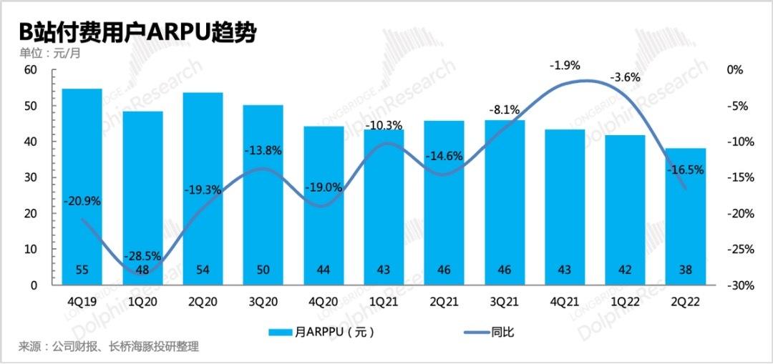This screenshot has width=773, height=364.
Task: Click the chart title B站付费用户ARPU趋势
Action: click(137, 32)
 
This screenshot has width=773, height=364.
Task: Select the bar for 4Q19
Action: click(82, 186)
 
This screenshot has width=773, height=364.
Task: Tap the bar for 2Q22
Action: click(686, 215)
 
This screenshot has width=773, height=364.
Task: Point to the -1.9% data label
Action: click(565, 65)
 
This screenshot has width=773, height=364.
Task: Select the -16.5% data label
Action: click(686, 170)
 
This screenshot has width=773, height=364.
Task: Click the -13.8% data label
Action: click(263, 151)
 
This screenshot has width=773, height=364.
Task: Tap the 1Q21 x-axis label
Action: click(384, 301)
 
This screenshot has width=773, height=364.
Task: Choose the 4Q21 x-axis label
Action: click(565, 301)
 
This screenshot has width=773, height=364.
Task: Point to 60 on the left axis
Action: click(29, 70)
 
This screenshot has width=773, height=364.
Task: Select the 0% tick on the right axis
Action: click(735, 70)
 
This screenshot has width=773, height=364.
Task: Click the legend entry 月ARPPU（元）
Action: click(322, 332)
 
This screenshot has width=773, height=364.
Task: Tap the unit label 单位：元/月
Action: click(49, 54)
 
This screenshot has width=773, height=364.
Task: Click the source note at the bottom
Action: click(108, 348)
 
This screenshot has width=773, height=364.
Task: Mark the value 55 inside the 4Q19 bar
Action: click(82, 270)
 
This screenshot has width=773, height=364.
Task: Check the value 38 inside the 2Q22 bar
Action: click(686, 270)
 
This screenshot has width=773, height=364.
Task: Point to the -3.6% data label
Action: click(625, 77)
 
